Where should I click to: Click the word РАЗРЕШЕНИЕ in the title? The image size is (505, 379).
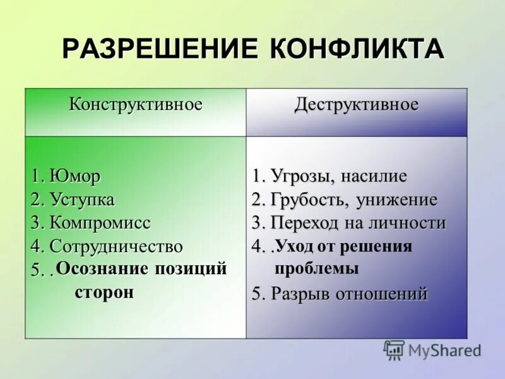pyautogui.click(x=161, y=49)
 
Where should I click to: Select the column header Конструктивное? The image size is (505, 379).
pyautogui.click(x=136, y=104)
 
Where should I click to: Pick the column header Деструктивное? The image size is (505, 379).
pyautogui.click(x=357, y=104)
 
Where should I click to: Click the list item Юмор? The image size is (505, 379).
pyautogui.click(x=74, y=176)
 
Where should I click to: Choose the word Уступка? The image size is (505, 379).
pyautogui.click(x=82, y=200)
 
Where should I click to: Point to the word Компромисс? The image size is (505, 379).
pyautogui.click(x=100, y=222)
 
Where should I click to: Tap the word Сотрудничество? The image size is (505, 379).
pyautogui.click(x=116, y=246)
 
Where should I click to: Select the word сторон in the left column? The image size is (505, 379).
pyautogui.click(x=104, y=292)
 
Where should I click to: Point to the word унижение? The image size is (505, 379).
pyautogui.click(x=396, y=200)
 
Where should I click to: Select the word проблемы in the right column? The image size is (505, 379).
pyautogui.click(x=317, y=268)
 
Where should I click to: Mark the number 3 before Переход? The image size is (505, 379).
pyautogui.click(x=256, y=223)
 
